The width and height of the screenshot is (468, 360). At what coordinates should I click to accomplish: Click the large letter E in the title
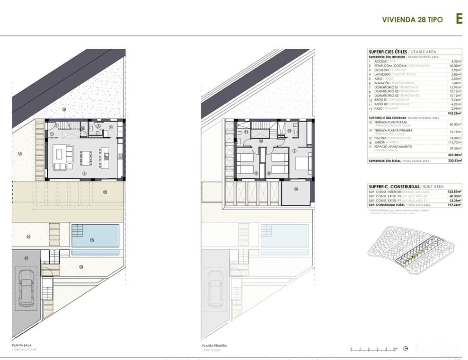pyautogui.click(x=459, y=19)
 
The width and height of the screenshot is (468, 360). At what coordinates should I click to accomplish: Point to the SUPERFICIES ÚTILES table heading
pyautogui.click(x=388, y=52)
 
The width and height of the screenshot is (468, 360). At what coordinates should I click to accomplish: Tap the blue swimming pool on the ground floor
pyautogui.click(x=96, y=235)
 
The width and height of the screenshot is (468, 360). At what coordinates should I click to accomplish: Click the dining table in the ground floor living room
pyautogui.click(x=86, y=158)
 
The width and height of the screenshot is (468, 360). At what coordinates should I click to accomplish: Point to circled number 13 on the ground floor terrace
pyautogui.click(x=105, y=192)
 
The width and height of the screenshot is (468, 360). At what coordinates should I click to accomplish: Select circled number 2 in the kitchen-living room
pyautogui.click(x=84, y=174)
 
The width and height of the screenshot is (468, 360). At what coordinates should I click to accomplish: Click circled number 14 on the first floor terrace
pyautogui.click(x=296, y=189)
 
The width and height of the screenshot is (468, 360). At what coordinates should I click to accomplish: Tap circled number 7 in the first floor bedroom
pyautogui.click(x=294, y=151)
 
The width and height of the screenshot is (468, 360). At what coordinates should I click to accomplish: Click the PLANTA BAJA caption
pyautogui.click(x=22, y=346)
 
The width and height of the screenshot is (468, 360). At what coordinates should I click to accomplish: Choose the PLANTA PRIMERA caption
pyautogui.click(x=214, y=346)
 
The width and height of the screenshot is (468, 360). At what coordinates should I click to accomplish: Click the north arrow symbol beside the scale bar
pyautogui.click(x=406, y=349)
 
